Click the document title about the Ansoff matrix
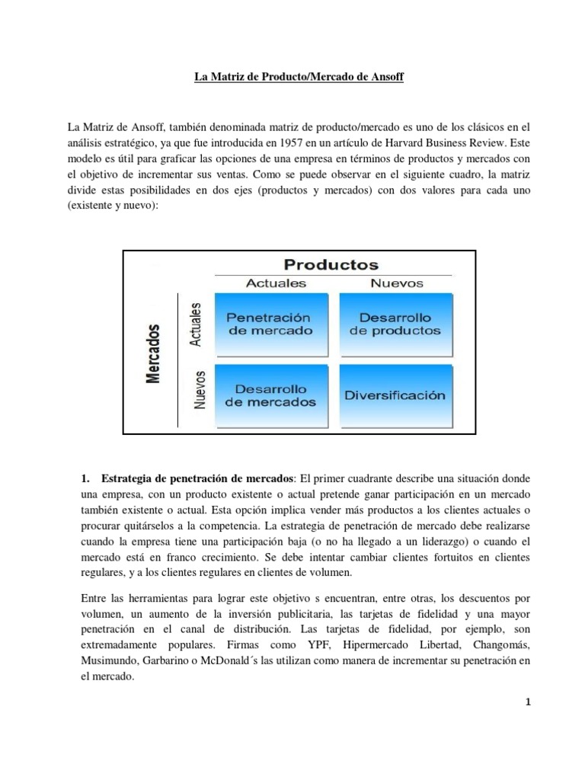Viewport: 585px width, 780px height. click(293, 78)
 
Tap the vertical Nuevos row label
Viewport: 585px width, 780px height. click(200, 391)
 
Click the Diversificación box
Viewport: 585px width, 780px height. click(395, 395)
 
